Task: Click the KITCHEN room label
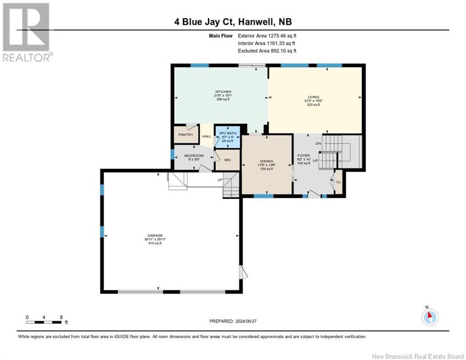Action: click(x=223, y=92)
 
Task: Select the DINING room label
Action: click(x=266, y=161)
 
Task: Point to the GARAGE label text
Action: click(x=156, y=236)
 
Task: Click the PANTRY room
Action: click(x=186, y=135)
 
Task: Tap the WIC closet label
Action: click(x=227, y=160)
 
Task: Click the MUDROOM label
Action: click(x=194, y=155)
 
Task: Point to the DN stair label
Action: click(x=318, y=143)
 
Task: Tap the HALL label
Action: click(x=206, y=136)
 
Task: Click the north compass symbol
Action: click(x=429, y=316)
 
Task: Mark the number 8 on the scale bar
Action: click(x=61, y=317)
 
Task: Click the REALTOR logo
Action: click(x=27, y=32)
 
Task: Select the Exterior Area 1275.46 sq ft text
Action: click(x=267, y=35)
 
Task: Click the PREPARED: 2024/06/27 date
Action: click(x=233, y=321)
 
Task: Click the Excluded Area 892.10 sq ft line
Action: click(x=267, y=51)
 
